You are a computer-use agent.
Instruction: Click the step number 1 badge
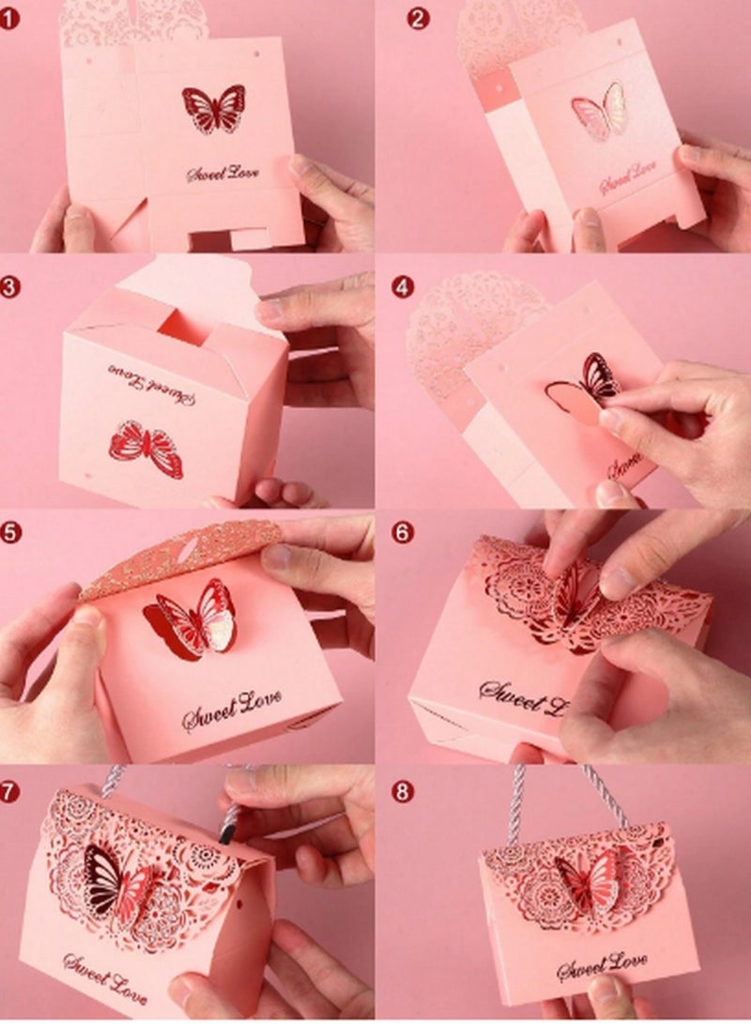(x=10, y=17)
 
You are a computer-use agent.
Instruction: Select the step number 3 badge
(x=10, y=286)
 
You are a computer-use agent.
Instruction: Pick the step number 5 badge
(x=10, y=531)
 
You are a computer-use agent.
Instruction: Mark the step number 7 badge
(x=10, y=790)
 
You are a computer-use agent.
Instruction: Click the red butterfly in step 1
(x=213, y=108)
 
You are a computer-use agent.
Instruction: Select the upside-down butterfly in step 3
(x=147, y=449)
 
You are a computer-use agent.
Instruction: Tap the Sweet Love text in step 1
(x=223, y=173)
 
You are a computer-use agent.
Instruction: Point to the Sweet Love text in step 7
(x=105, y=976)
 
